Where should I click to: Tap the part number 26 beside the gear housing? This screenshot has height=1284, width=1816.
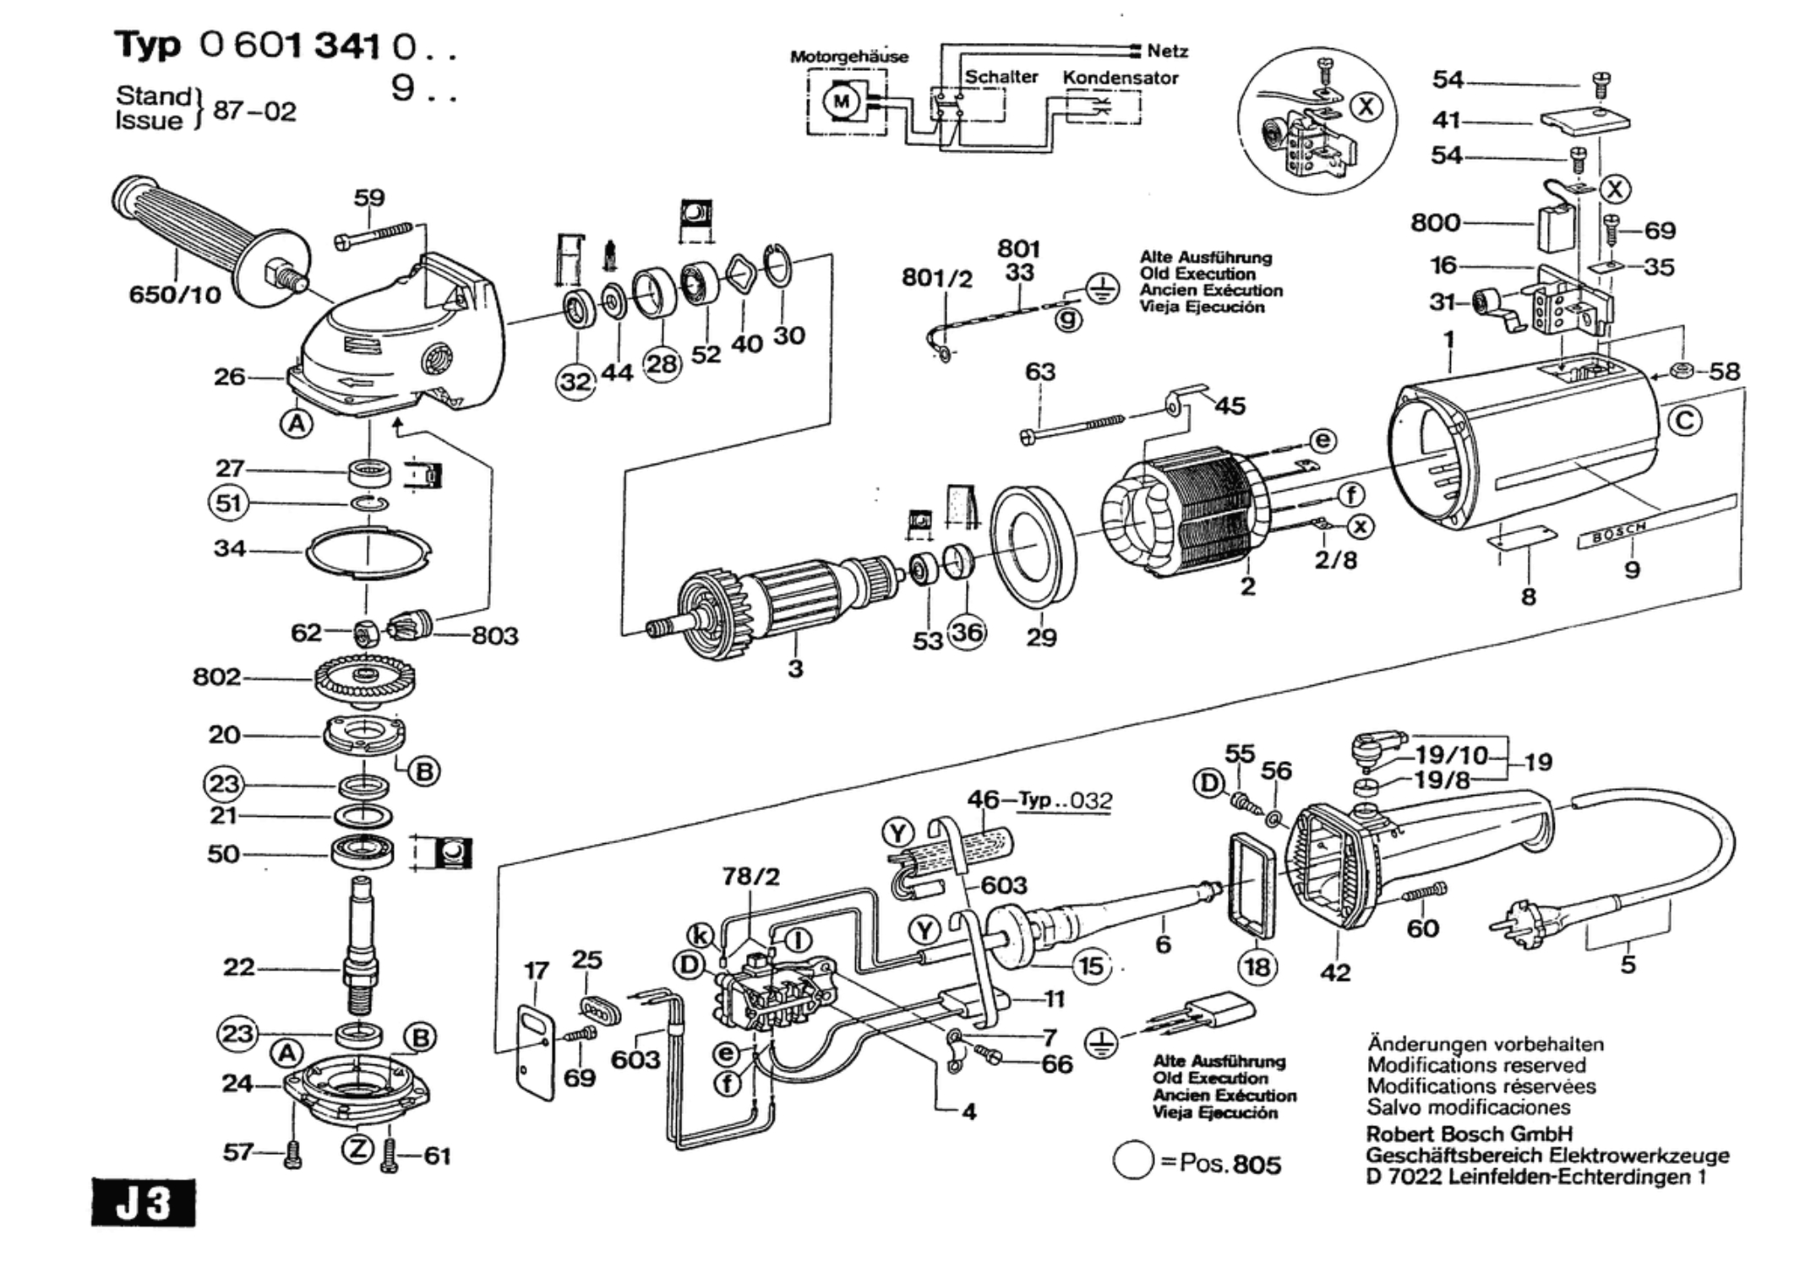pyautogui.click(x=229, y=377)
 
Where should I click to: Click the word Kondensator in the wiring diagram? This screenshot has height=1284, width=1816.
pyautogui.click(x=1120, y=78)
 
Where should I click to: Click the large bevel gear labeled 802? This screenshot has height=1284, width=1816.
pyautogui.click(x=365, y=678)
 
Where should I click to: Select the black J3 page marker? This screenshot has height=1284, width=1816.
pyautogui.click(x=143, y=1203)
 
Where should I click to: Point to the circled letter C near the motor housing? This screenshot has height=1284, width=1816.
pyautogui.click(x=1684, y=421)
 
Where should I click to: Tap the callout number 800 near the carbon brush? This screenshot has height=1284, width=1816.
pyautogui.click(x=1435, y=223)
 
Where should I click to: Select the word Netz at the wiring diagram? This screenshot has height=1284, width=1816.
pyautogui.click(x=1167, y=52)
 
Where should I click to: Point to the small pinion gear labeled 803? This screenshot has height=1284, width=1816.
pyautogui.click(x=411, y=628)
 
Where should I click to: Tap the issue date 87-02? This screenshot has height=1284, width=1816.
pyautogui.click(x=254, y=112)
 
